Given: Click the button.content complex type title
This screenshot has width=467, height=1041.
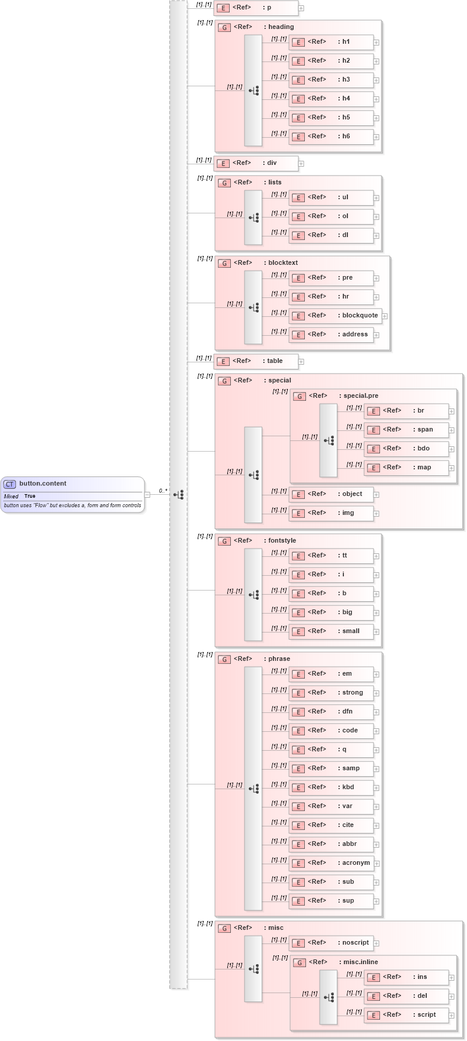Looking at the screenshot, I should (x=43, y=484).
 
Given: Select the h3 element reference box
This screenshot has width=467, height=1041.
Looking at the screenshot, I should (x=331, y=80).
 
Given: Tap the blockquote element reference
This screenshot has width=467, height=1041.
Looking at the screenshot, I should (x=334, y=316).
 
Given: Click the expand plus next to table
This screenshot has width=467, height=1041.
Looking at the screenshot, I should (x=301, y=362).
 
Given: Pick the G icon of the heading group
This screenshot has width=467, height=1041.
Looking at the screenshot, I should (x=224, y=27).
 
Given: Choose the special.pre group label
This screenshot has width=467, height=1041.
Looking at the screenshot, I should (x=360, y=396).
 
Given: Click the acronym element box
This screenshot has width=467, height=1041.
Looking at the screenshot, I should (x=331, y=863).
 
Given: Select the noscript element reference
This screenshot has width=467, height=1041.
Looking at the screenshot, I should (x=331, y=943).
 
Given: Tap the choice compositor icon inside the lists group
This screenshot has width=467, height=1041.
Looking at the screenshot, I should (x=254, y=218).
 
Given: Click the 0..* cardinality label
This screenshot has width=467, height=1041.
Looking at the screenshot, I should (x=163, y=491).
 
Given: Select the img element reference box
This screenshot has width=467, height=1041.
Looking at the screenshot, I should (x=331, y=513).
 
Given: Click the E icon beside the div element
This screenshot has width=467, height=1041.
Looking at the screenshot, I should (x=223, y=164).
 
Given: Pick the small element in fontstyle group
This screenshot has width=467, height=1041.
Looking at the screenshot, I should (x=331, y=631).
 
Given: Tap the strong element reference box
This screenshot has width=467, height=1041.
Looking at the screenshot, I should (x=331, y=693).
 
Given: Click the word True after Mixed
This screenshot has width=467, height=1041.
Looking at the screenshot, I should (x=30, y=496).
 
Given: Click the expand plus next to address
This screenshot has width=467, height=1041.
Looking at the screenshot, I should (x=376, y=335).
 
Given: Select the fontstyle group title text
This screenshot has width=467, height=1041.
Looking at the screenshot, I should (x=282, y=541).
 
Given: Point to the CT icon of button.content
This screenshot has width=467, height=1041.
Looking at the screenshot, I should (x=10, y=484).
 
